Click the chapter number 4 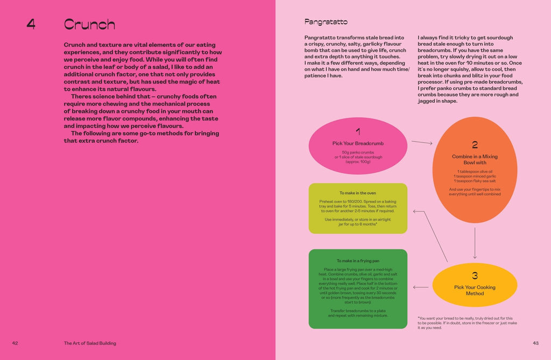point(31,24)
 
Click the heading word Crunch point(89,24)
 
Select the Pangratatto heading point(326,22)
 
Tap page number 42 point(15,343)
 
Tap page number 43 point(535,343)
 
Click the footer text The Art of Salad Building point(90,343)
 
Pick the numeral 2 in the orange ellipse point(475,144)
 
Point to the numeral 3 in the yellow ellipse point(475,276)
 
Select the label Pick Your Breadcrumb point(358,143)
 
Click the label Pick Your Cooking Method point(475,290)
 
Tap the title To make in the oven point(358,193)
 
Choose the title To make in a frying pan point(358,261)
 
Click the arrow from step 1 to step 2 point(422,143)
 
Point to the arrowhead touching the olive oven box point(414,210)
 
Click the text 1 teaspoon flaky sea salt point(475,181)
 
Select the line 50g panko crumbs point(358,152)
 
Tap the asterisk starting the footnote point(419,318)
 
